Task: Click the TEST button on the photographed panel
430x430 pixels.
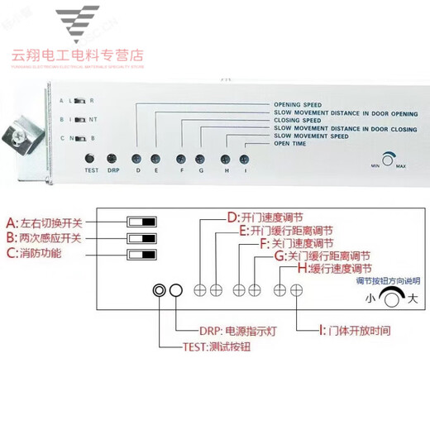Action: click(91, 157)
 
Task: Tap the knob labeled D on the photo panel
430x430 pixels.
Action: click(137, 157)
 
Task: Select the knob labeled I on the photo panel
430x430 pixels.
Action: click(244, 157)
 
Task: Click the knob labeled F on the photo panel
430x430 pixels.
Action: click(180, 157)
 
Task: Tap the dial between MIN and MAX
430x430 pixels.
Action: click(388, 157)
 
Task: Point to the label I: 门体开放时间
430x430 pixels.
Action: click(361, 329)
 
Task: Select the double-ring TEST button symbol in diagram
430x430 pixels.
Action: click(159, 290)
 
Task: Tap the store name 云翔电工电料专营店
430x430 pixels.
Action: click(79, 55)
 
